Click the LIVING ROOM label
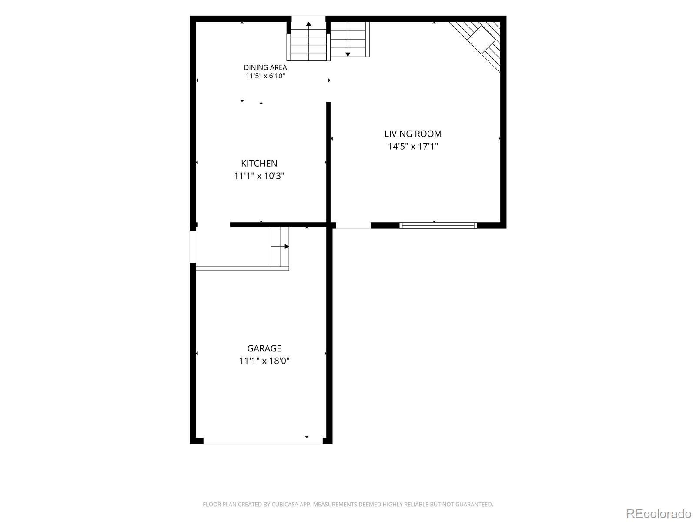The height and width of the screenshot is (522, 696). pyautogui.click(x=413, y=134)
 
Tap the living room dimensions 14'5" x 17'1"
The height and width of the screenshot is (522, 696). pyautogui.click(x=413, y=147)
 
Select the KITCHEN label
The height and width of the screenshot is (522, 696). pyautogui.click(x=259, y=164)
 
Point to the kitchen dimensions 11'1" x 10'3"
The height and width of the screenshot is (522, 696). pyautogui.click(x=259, y=176)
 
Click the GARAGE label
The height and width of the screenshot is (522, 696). pyautogui.click(x=264, y=348)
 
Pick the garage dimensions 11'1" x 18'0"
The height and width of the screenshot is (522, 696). pyautogui.click(x=264, y=361)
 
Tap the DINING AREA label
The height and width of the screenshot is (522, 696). pyautogui.click(x=265, y=67)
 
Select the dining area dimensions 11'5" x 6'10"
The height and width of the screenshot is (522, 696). pyautogui.click(x=265, y=76)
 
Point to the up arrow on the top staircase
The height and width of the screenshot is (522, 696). pyautogui.click(x=308, y=24)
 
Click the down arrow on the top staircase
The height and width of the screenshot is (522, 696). pyautogui.click(x=348, y=54)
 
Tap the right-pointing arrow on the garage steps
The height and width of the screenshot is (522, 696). pyautogui.click(x=287, y=247)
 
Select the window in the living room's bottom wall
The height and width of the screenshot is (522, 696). pyautogui.click(x=438, y=225)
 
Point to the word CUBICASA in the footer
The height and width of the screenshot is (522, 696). pyautogui.click(x=285, y=504)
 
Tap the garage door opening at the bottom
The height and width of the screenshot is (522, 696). pyautogui.click(x=263, y=441)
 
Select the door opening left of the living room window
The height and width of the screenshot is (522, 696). pyautogui.click(x=353, y=225)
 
